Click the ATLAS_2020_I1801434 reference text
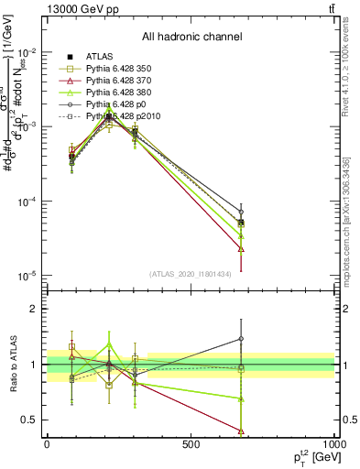click(191, 274)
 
